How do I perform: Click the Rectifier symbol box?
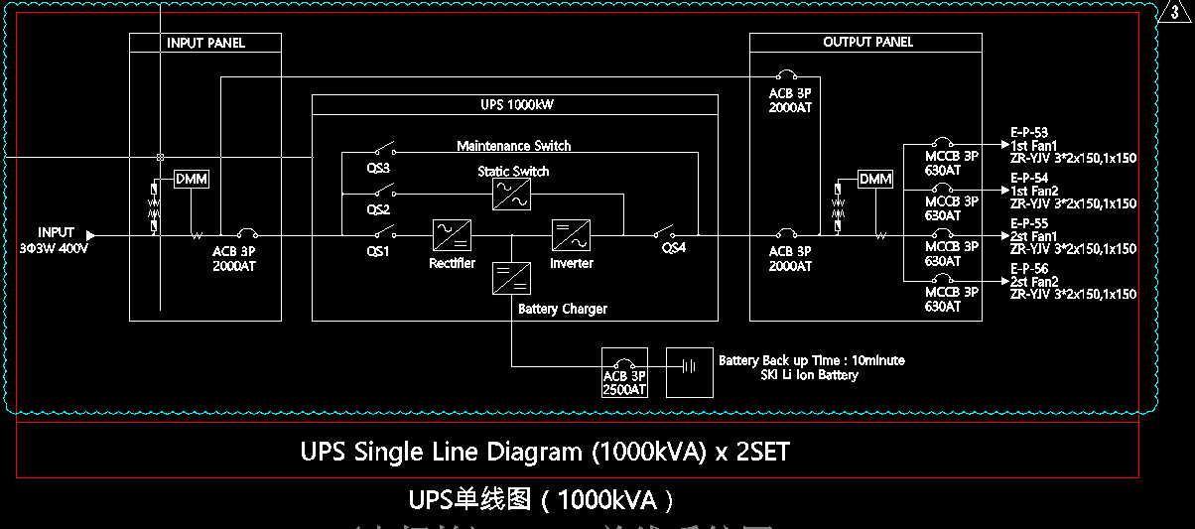(x=452, y=235)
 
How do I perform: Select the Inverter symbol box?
(x=571, y=235)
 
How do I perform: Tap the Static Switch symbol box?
(x=511, y=195)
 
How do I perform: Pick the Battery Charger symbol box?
(x=511, y=277)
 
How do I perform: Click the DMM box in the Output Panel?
(x=875, y=180)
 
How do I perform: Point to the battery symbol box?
(x=689, y=372)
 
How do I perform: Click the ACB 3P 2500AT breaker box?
(x=624, y=372)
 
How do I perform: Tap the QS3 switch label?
(x=378, y=169)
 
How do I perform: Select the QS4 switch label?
(x=674, y=248)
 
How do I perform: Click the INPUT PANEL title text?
(x=205, y=43)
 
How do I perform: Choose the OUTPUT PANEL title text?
(x=867, y=42)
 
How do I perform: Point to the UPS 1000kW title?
(x=514, y=104)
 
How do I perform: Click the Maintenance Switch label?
(x=513, y=146)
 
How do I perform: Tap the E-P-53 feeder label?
(x=1029, y=132)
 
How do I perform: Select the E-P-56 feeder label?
(x=1029, y=269)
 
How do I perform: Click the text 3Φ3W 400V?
(x=54, y=248)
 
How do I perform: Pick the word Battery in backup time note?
(x=738, y=360)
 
